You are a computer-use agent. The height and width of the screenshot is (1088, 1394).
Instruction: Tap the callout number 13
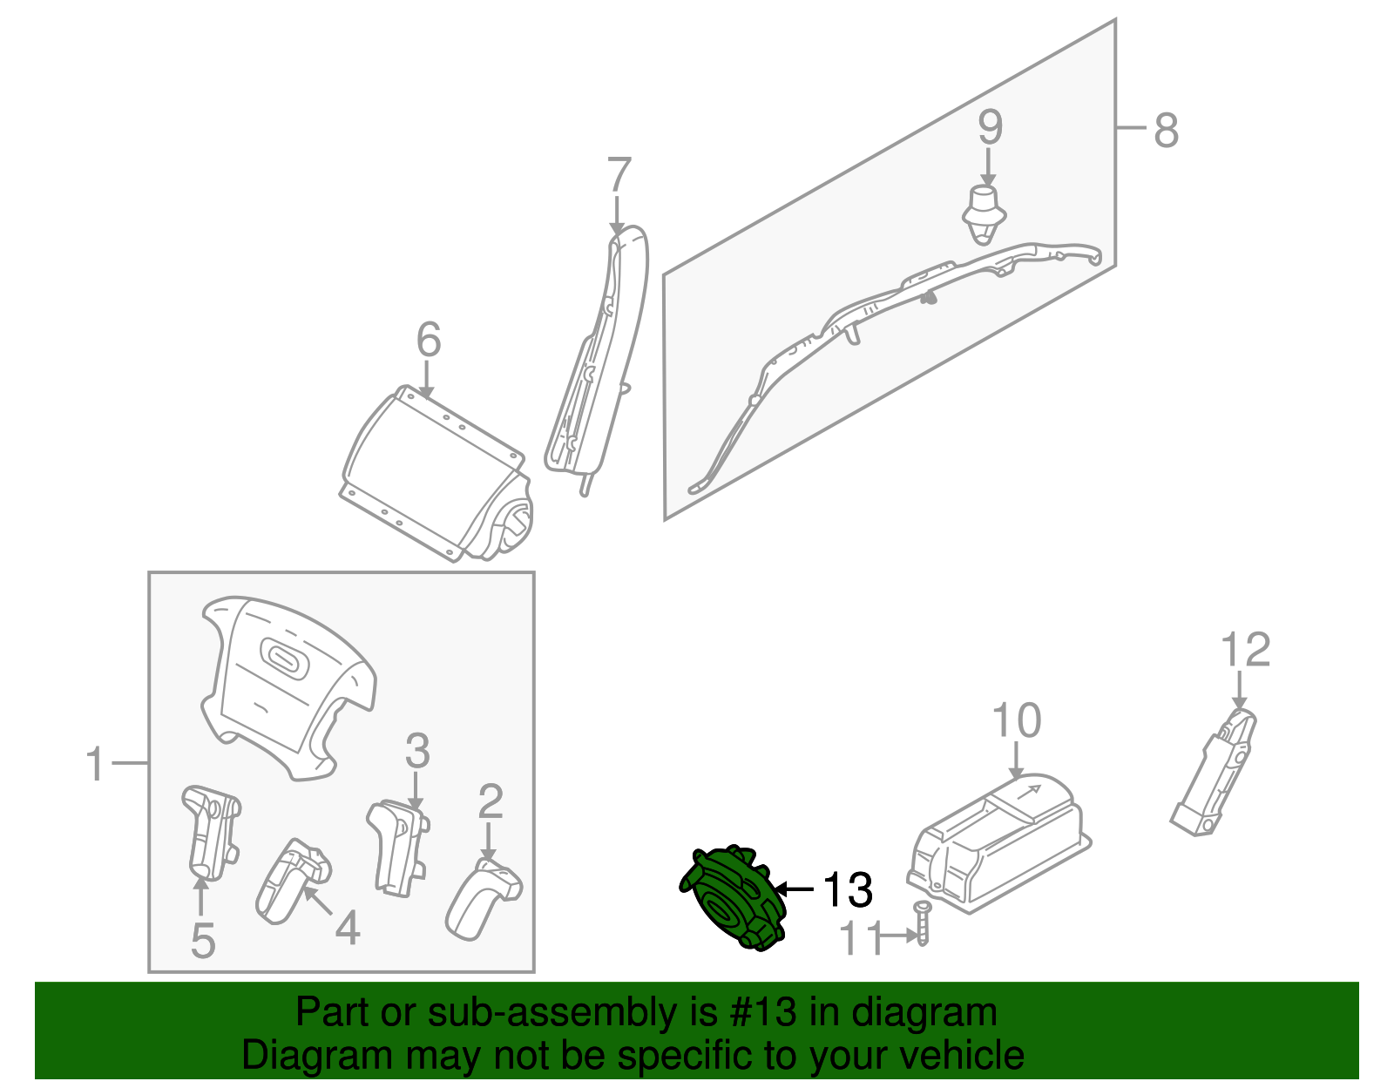tap(848, 889)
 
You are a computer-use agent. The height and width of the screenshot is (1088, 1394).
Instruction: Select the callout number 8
tap(1167, 130)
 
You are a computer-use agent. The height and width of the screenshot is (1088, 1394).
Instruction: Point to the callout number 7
tap(619, 174)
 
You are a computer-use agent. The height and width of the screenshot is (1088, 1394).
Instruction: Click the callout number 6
tap(429, 339)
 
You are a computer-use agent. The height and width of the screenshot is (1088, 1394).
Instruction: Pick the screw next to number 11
tap(923, 922)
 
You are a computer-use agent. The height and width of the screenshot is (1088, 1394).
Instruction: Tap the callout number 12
tap(1245, 650)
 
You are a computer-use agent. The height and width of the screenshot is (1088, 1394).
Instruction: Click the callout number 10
tap(1016, 720)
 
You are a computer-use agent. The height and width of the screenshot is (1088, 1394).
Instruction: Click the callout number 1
tap(96, 764)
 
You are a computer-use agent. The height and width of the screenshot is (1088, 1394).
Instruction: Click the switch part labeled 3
tap(398, 847)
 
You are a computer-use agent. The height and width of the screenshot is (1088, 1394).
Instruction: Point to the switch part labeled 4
tap(293, 882)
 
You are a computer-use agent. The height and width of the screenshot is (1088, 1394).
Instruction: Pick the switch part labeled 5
tap(211, 833)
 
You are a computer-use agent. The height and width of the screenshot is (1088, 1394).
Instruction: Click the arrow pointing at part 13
tap(794, 889)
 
